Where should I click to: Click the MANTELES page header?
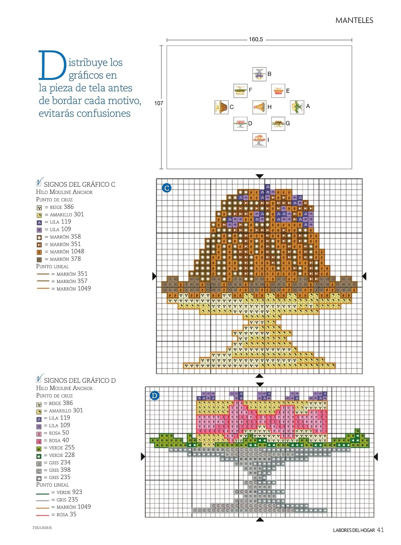[x=354, y=20]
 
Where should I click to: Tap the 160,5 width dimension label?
[x=256, y=39]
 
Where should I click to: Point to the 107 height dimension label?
[x=159, y=103]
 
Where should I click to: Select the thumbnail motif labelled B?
[x=259, y=74]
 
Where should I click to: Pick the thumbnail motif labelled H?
[x=259, y=107]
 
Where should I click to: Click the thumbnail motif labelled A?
[x=297, y=107]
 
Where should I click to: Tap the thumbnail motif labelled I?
[x=259, y=140]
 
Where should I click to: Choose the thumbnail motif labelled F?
[x=240, y=91]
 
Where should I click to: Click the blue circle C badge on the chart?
[x=167, y=188]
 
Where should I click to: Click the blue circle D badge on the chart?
[x=154, y=396]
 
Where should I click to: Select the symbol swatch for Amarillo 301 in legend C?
[x=39, y=215]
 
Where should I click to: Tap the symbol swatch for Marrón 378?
[x=39, y=260]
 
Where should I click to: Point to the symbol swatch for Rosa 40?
[x=39, y=441]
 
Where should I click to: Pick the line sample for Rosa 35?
[x=43, y=515]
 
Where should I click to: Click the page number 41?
[x=380, y=530]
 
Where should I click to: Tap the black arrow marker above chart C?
[x=260, y=176]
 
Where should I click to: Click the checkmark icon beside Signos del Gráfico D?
[x=39, y=378]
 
